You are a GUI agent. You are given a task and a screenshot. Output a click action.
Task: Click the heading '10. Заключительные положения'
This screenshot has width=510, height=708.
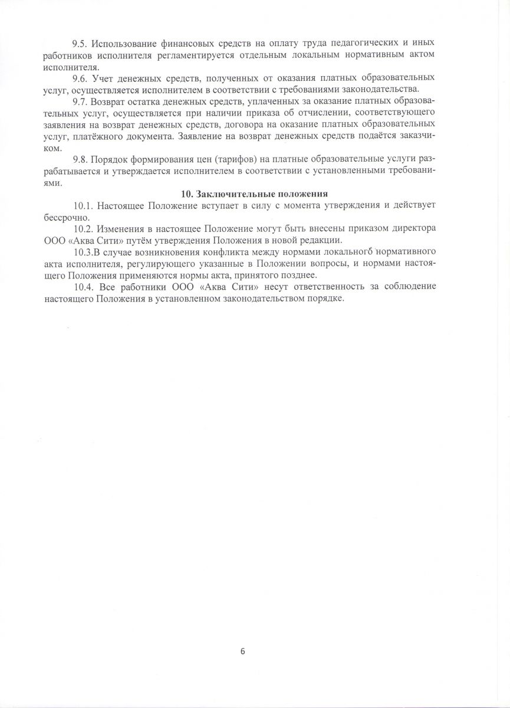[254, 194]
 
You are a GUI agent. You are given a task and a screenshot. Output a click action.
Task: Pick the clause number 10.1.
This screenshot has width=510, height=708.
[83, 205]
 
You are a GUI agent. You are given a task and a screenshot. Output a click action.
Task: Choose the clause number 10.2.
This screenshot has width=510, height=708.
[83, 228]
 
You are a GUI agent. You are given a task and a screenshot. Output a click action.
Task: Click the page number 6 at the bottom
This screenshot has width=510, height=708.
[243, 651]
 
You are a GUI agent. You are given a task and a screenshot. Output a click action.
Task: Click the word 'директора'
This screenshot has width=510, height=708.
[415, 228]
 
